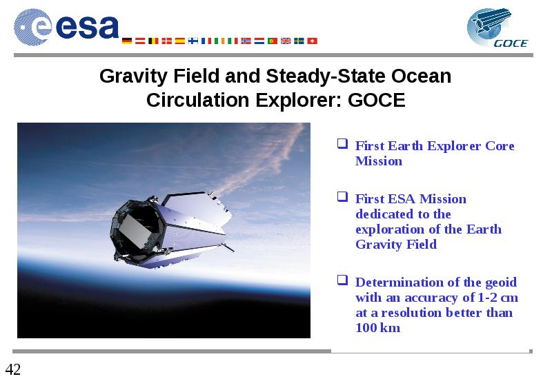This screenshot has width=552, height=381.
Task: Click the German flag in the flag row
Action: point(127,41)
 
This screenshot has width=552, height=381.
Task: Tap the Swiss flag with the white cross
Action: point(313,41)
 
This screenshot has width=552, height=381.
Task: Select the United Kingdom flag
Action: point(286,41)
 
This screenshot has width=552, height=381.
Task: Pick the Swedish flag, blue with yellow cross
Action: point(299,41)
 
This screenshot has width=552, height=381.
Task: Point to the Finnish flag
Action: point(193,41)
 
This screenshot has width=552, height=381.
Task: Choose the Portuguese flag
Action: point(273,41)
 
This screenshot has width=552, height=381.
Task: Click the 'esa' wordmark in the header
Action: point(87,27)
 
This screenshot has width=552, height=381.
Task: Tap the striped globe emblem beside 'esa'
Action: point(32,27)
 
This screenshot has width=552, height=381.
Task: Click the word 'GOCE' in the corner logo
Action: point(511,43)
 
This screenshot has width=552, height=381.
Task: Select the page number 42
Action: point(13,369)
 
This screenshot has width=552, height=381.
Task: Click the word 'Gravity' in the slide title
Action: point(133,76)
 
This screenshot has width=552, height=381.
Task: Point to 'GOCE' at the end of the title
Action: point(376,100)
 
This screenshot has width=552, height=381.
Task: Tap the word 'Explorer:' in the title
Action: point(299,101)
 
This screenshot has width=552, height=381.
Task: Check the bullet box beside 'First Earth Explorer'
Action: point(342,143)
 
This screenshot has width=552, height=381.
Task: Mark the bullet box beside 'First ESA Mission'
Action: point(342,196)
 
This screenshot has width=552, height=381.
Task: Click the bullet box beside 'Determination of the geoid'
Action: point(342,280)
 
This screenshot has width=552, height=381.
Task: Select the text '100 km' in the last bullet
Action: point(377,327)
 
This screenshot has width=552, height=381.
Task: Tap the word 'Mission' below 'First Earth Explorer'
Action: point(379,161)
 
